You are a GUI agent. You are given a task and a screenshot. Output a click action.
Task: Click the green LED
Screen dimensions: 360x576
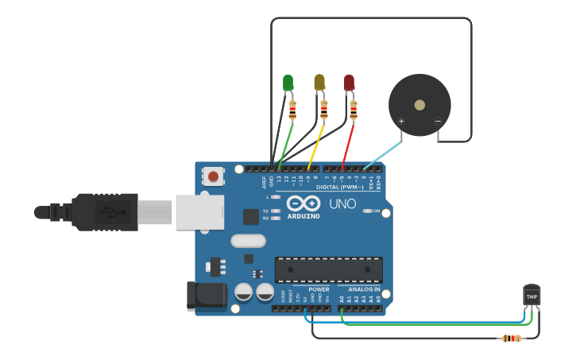[288, 82]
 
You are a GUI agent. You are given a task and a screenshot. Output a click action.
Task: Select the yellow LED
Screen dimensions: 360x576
[319, 82]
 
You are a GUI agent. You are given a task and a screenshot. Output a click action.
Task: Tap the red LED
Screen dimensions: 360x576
[349, 82]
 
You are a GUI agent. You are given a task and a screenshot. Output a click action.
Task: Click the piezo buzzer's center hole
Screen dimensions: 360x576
[419, 104]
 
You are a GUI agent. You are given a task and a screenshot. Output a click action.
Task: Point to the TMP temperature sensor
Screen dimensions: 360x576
[532, 296]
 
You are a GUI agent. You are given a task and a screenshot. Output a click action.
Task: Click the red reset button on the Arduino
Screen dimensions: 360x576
[213, 175]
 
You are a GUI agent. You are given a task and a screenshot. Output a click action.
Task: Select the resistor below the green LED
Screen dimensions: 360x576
[292, 110]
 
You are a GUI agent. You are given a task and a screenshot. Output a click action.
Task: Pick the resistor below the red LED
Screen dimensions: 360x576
[353, 110]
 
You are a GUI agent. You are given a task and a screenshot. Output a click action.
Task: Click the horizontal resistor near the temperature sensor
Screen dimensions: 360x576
[510, 339]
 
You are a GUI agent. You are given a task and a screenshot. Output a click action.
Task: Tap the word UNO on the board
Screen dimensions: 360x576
[342, 204]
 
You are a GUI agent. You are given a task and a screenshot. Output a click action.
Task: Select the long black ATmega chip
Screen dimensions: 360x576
[328, 269]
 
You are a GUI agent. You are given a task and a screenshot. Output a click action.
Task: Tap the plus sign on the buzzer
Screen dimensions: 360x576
[401, 122]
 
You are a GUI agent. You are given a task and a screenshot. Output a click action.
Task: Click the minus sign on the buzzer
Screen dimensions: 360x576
[437, 122]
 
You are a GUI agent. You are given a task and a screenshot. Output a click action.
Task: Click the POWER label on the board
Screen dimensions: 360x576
[319, 289]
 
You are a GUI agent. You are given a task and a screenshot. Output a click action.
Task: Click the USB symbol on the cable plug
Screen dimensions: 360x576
[108, 212]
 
